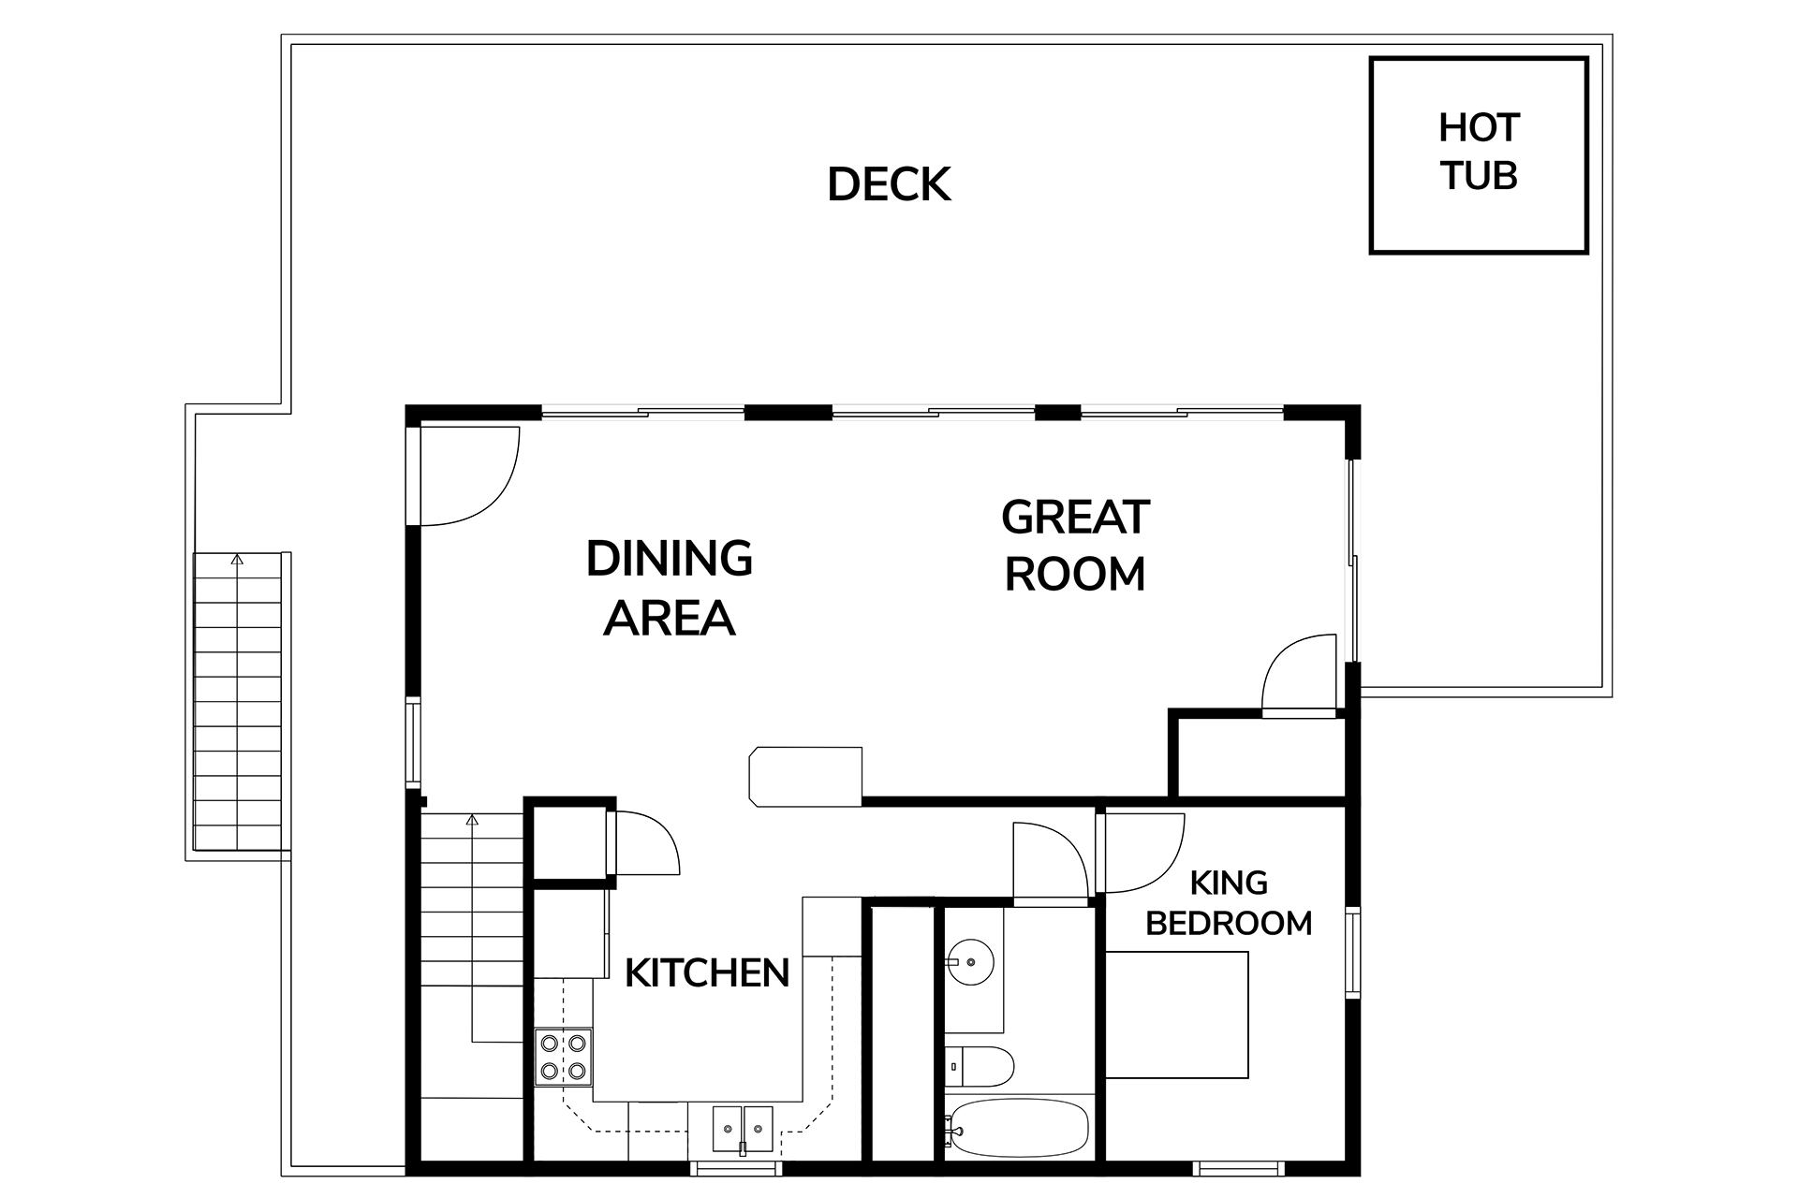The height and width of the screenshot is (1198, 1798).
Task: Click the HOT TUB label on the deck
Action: point(1478,153)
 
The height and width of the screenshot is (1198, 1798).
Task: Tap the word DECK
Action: point(889,185)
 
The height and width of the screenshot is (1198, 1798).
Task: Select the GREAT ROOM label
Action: point(1075,547)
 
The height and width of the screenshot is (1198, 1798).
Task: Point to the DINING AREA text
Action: point(669,589)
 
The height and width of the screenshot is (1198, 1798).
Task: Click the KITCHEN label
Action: point(707,973)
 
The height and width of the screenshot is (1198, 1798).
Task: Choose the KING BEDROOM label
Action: point(1229,903)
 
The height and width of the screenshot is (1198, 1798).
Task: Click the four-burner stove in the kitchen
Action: point(564,1057)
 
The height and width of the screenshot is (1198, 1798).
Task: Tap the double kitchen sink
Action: point(743,1128)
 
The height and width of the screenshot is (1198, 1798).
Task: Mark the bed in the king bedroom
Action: point(1177,1015)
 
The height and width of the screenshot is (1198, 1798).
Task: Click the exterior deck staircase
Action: point(238,702)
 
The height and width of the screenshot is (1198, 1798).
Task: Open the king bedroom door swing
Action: point(1138,852)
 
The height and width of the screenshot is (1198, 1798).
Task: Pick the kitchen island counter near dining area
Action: point(806,775)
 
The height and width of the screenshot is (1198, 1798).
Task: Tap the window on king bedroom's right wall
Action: point(1353,950)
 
